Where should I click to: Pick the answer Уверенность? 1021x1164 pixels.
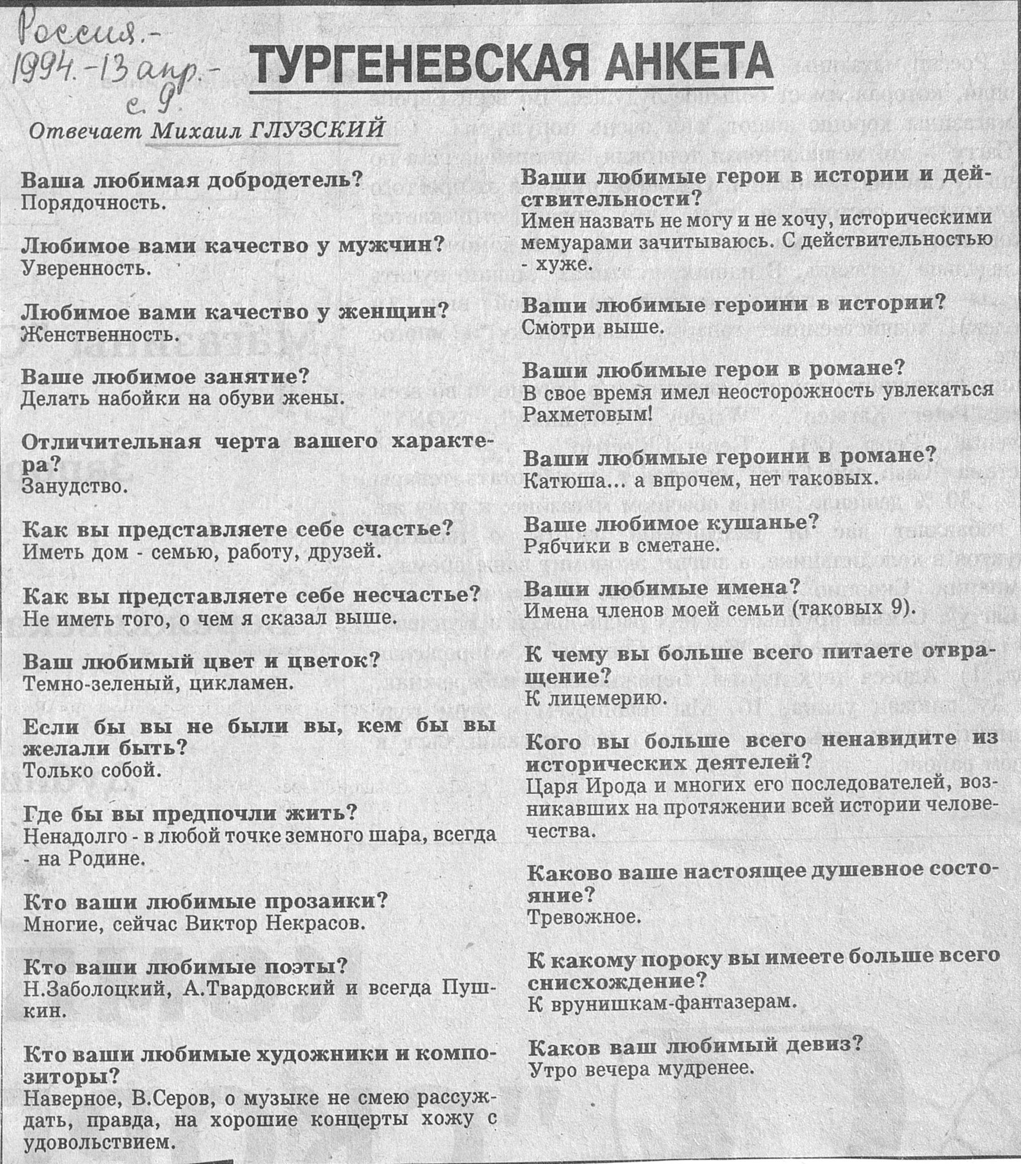click(87, 268)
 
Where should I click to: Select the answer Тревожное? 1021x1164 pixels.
click(584, 917)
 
